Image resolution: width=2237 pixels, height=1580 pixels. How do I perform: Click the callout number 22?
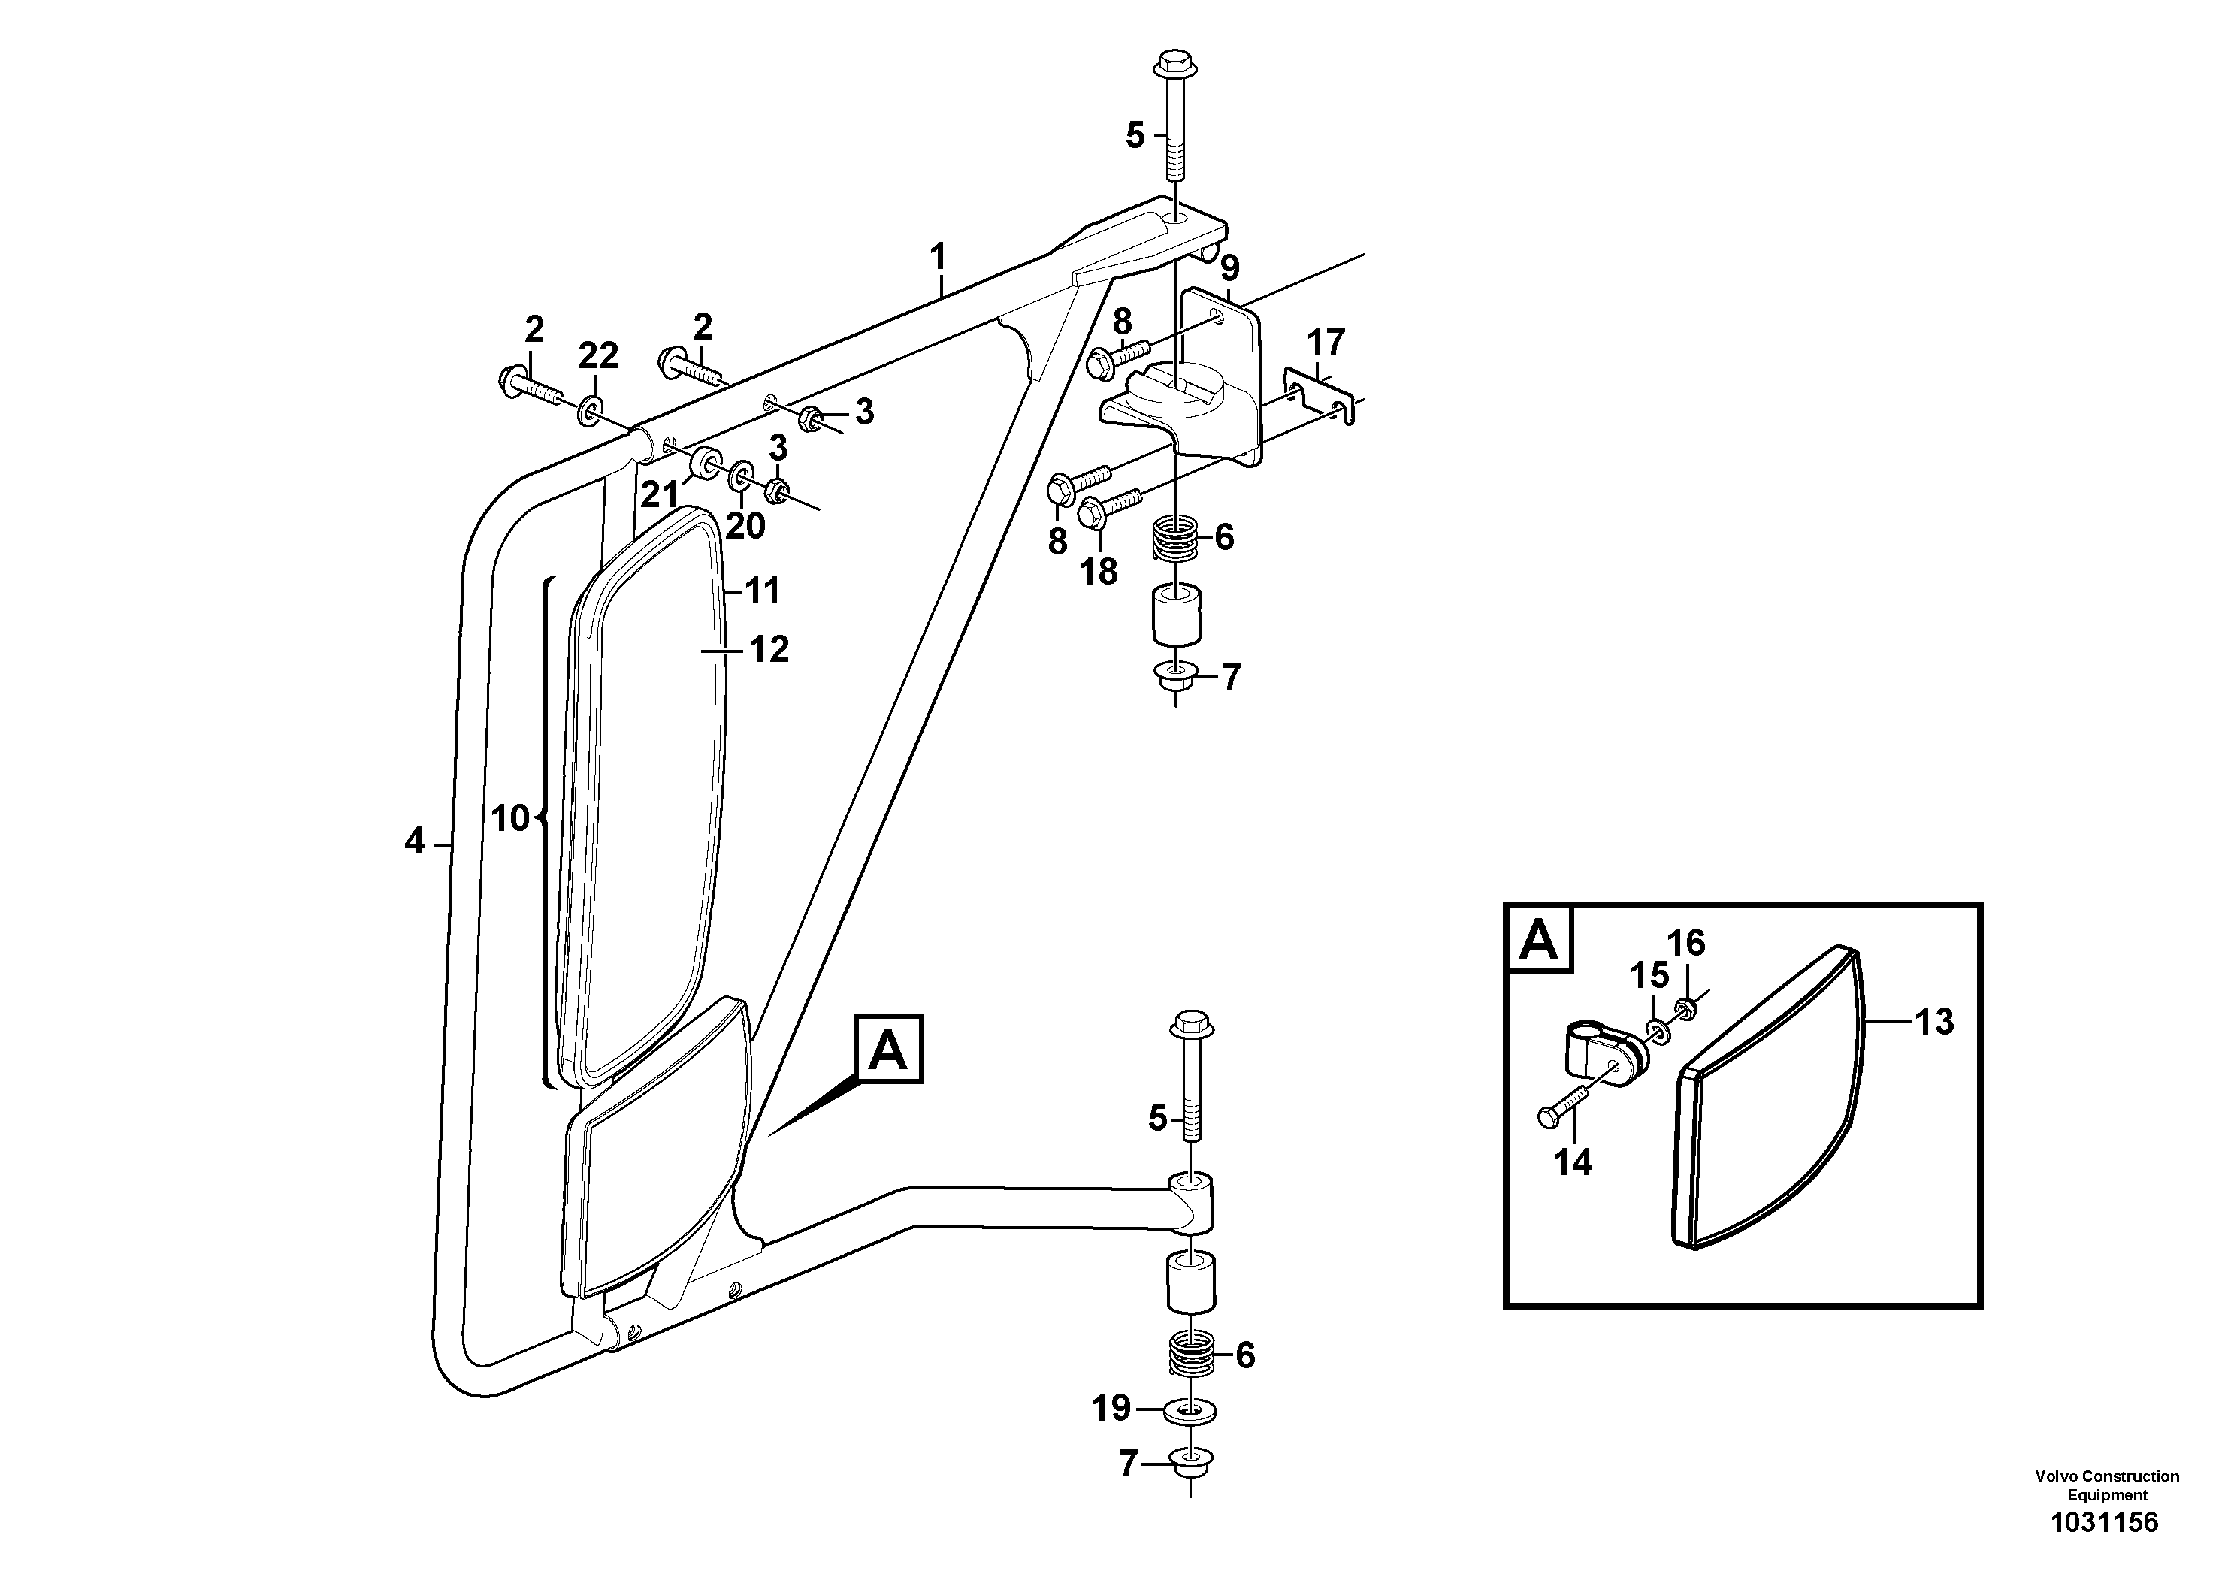coord(597,357)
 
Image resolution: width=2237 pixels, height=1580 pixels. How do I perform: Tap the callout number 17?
coord(1325,342)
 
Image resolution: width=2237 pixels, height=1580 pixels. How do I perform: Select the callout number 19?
coord(1111,1408)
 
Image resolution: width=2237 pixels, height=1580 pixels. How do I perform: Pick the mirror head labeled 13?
coord(1764,1101)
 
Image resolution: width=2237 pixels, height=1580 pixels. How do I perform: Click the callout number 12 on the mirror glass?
coord(769,649)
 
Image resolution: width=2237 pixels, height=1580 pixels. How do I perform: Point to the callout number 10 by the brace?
coord(509,818)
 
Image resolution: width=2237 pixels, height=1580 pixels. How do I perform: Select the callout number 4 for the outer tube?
coord(415,841)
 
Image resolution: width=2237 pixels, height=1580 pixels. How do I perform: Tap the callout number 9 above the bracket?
coord(1229,268)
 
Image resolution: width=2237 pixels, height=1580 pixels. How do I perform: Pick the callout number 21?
coord(659,495)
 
